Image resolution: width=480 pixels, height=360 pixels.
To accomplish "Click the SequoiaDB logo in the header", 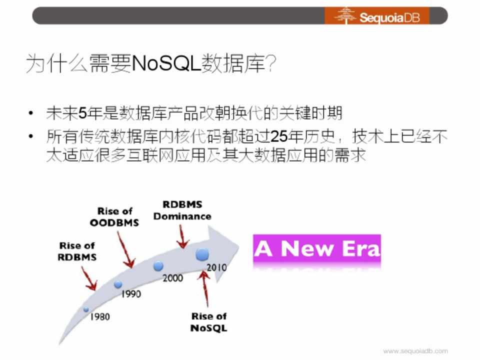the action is (x=377, y=15).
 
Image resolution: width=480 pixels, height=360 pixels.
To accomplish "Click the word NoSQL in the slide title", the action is (x=166, y=63).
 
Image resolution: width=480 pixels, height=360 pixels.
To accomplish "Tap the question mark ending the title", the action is (x=271, y=63).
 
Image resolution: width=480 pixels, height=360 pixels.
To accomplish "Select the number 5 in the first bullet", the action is (x=82, y=113).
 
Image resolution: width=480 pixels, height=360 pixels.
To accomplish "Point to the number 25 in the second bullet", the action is (x=279, y=136).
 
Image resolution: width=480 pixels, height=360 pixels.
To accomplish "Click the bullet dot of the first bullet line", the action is (x=30, y=113).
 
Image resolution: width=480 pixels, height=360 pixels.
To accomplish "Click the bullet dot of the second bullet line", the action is (x=30, y=136).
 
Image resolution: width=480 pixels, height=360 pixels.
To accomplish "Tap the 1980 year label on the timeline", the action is (x=100, y=316).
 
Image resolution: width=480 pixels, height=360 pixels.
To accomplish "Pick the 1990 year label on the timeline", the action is (x=131, y=294).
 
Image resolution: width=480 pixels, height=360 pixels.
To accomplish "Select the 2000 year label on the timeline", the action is (x=172, y=278).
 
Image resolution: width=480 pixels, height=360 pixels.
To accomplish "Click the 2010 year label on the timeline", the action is (x=216, y=267).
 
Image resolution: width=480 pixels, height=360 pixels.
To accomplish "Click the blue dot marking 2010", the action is (x=202, y=254).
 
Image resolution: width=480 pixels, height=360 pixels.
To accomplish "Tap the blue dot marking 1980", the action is (x=86, y=309).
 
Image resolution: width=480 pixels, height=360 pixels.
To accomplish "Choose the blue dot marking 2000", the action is (x=158, y=266).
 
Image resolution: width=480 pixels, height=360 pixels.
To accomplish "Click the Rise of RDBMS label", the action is (x=77, y=251).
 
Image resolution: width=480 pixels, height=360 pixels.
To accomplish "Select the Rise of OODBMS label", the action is (x=114, y=216).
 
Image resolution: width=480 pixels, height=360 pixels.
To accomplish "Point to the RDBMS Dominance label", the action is (x=182, y=210).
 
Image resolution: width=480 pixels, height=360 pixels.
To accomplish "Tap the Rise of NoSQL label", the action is (x=209, y=322).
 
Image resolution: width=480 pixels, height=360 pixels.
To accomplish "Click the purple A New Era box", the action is (x=317, y=248).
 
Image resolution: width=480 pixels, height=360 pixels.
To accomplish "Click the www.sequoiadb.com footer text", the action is (x=415, y=351).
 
